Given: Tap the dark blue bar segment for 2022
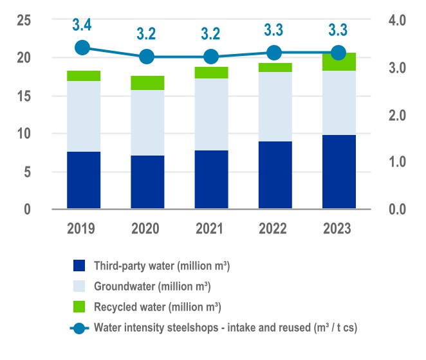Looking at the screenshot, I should (274, 175).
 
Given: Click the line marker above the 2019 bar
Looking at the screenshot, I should (82, 48).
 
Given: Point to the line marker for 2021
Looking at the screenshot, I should (210, 57).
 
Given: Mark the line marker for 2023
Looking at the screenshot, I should (338, 53).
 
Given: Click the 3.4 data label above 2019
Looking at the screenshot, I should (82, 26).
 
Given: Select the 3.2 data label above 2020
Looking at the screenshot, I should (147, 34).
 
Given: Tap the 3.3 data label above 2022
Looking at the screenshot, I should (274, 30).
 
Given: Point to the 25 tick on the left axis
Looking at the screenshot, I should (24, 20).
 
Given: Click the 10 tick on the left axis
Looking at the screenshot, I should (24, 134).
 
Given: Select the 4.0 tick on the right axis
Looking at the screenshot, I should (398, 20).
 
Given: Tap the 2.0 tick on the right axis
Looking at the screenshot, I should (398, 115).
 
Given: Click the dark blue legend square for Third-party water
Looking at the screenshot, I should (79, 265).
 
